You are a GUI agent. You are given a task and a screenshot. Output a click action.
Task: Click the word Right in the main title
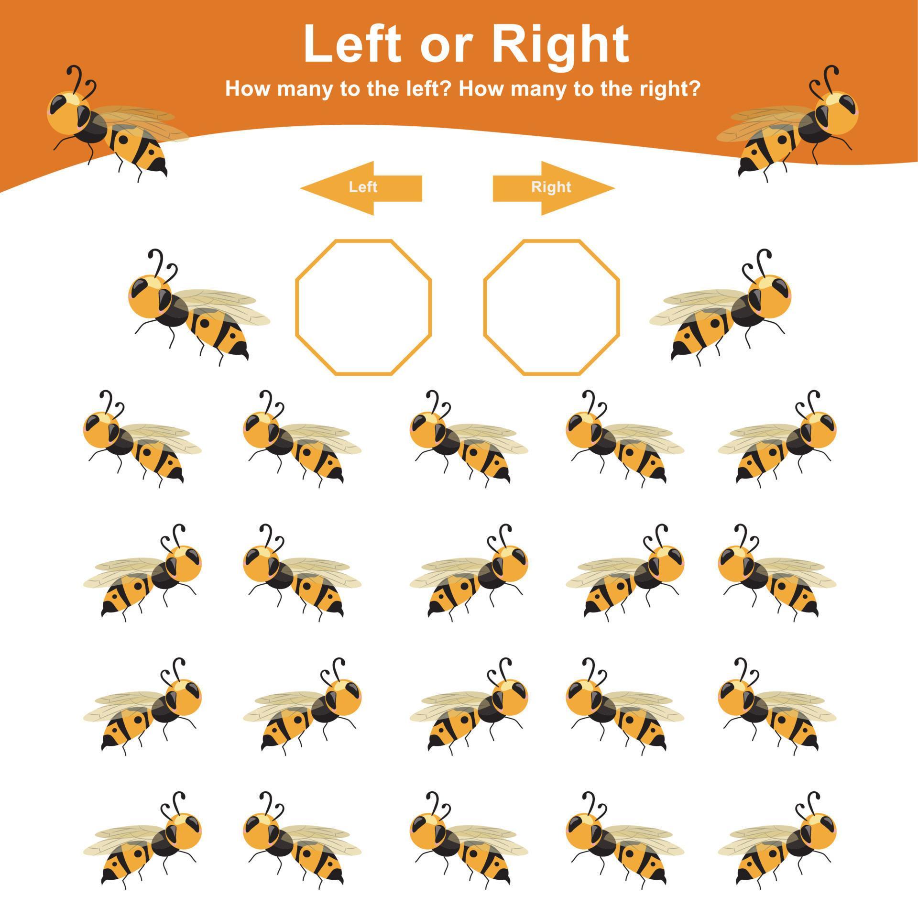pos(560,45)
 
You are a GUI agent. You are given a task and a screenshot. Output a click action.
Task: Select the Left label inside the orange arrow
pos(363,187)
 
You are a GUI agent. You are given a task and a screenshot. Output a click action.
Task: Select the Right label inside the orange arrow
pos(551,187)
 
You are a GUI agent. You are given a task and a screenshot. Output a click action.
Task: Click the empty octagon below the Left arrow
pos(363,307)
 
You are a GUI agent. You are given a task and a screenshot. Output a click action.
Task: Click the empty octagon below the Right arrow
pos(551,307)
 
